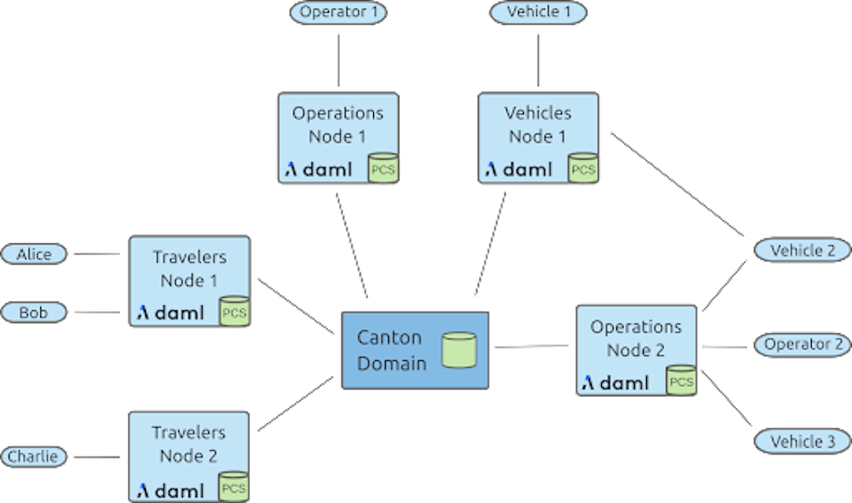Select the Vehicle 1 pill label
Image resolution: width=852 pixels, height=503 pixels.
click(x=539, y=13)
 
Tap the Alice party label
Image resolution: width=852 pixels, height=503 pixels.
click(x=35, y=254)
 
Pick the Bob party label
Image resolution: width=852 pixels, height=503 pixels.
click(x=35, y=313)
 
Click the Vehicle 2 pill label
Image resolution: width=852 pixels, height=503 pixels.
click(x=802, y=250)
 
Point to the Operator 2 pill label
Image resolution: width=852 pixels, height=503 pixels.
click(x=802, y=345)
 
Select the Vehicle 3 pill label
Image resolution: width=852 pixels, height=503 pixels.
click(x=802, y=441)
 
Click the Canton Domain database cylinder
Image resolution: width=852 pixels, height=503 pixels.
click(x=458, y=350)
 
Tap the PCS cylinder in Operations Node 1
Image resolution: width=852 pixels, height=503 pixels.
click(x=384, y=168)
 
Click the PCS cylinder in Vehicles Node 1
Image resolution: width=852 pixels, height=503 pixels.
click(x=583, y=168)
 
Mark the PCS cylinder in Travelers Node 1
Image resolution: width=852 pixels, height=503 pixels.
click(x=234, y=312)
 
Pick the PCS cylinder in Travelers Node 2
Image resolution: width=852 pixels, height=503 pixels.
click(x=234, y=487)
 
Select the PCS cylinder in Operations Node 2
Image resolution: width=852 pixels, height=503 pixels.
click(x=681, y=381)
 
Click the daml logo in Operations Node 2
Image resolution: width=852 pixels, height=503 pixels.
click(x=616, y=384)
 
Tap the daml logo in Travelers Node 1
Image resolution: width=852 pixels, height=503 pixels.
click(x=170, y=313)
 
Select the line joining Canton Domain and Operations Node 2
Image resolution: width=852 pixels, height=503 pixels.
click(x=531, y=346)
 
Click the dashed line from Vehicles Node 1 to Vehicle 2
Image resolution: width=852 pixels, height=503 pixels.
click(x=678, y=186)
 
